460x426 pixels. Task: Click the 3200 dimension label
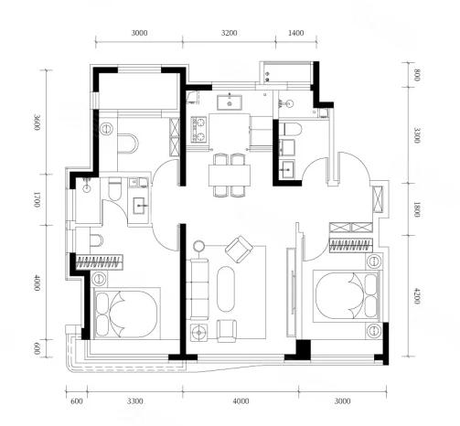(229, 33)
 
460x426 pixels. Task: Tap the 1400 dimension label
(295, 33)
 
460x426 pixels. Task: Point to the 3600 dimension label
(37, 122)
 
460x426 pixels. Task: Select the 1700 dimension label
(37, 199)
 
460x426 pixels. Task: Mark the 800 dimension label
(417, 75)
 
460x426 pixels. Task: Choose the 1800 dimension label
(417, 209)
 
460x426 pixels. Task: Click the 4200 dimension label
(417, 296)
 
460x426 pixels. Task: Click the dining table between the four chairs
(230, 176)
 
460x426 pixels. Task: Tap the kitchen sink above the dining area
(230, 102)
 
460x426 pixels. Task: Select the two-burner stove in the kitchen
(198, 130)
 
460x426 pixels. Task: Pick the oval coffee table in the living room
(226, 289)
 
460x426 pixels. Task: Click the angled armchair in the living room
(239, 249)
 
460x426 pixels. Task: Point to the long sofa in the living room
(199, 289)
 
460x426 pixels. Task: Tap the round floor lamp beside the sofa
(199, 246)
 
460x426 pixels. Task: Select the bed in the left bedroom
(127, 314)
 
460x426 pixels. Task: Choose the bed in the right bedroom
(348, 296)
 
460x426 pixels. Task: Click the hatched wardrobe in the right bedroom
(351, 245)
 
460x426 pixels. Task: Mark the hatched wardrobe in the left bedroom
(100, 262)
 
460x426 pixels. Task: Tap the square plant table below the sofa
(199, 333)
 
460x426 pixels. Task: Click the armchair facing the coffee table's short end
(227, 330)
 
